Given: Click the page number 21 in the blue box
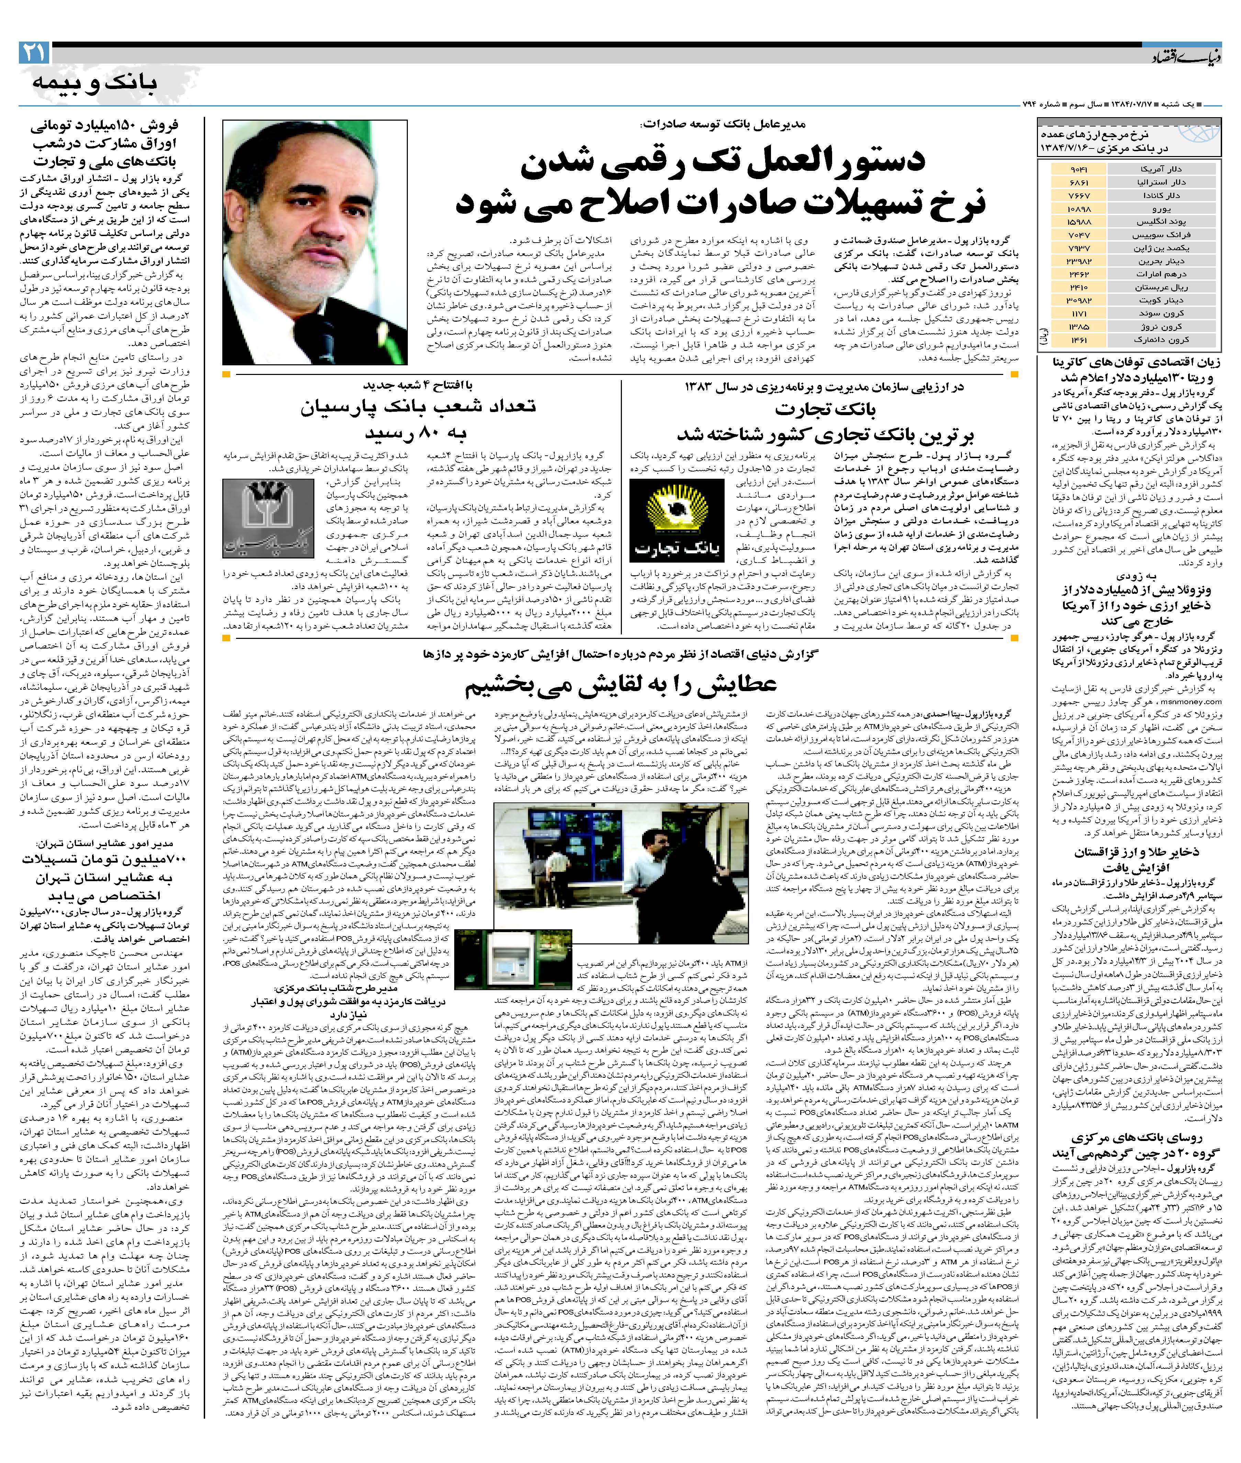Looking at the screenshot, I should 34,53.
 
